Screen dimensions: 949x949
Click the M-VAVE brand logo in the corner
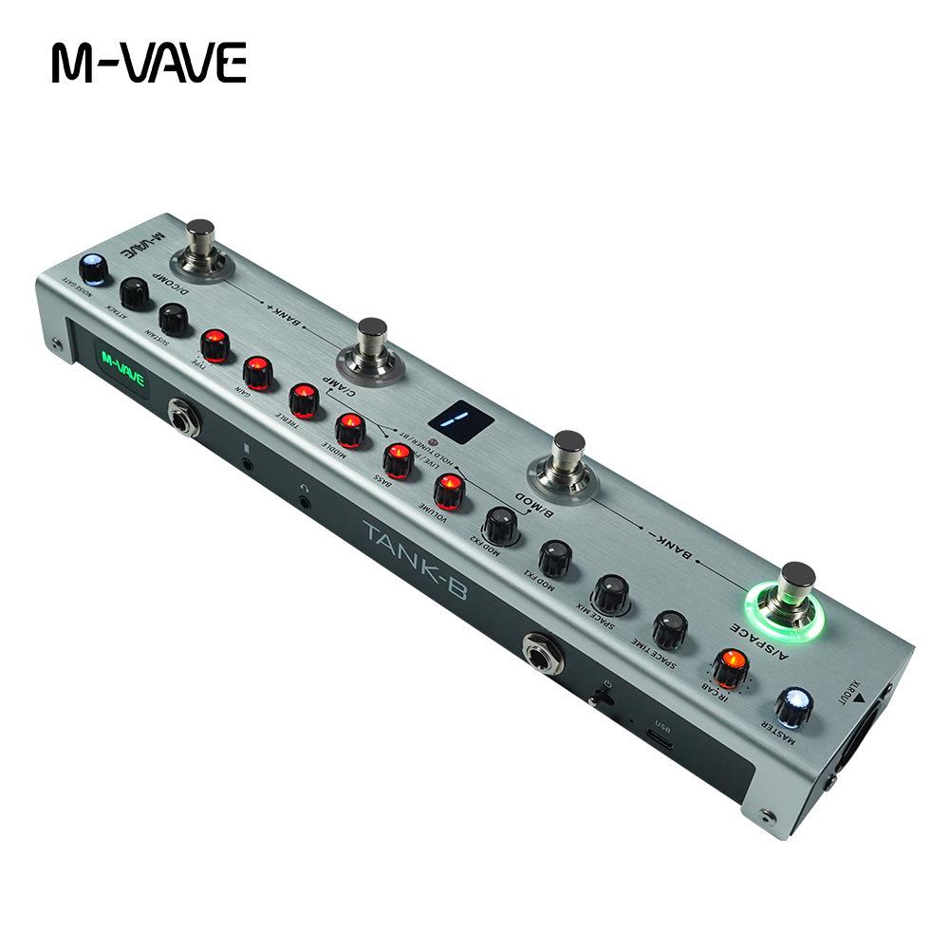point(149,63)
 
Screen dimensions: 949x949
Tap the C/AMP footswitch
point(371,341)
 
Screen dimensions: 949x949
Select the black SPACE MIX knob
point(610,593)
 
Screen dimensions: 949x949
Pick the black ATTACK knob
point(135,293)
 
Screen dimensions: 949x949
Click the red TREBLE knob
point(304,400)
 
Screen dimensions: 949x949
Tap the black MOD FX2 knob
point(501,525)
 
